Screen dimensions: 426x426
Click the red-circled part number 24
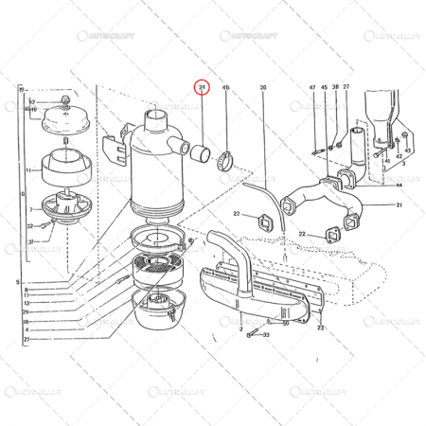pyautogui.click(x=201, y=87)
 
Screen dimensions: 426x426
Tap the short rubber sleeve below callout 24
pyautogui.click(x=201, y=151)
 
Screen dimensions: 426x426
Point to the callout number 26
pyautogui.click(x=263, y=87)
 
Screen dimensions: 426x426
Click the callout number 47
pyautogui.click(x=312, y=87)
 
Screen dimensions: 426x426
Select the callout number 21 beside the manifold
pyautogui.click(x=399, y=205)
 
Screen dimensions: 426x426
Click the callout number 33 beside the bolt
pyautogui.click(x=267, y=334)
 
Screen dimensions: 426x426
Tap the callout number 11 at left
pyautogui.click(x=29, y=171)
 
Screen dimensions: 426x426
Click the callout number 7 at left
pyautogui.click(x=29, y=209)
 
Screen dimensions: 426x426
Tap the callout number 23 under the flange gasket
pyautogui.click(x=321, y=328)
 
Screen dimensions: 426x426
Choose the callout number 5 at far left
pyautogui.click(x=16, y=282)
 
